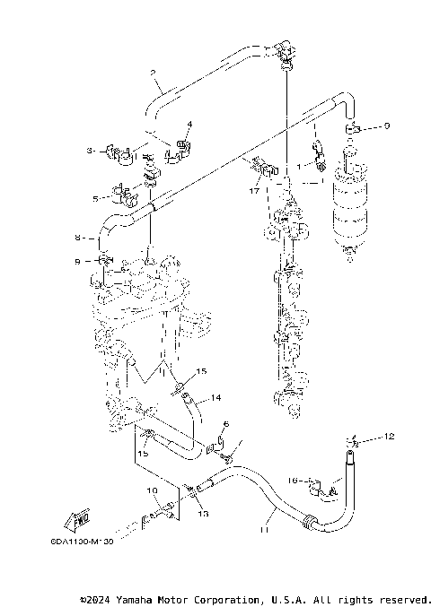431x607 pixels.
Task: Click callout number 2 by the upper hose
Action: click(x=154, y=72)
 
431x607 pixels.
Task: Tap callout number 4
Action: click(x=189, y=124)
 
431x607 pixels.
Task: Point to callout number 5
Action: click(x=94, y=197)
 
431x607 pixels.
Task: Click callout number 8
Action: click(x=79, y=238)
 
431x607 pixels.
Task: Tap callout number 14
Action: click(x=215, y=397)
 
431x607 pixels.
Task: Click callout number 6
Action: click(x=226, y=424)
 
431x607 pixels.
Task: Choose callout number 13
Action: click(x=203, y=514)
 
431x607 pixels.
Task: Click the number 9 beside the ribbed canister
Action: click(x=387, y=126)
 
